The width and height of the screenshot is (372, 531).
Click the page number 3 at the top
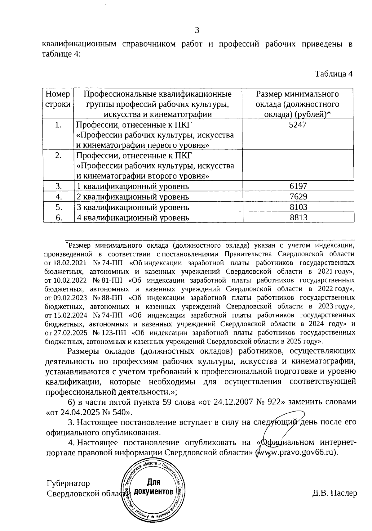[197, 30]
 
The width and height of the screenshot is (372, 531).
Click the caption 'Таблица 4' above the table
[334, 74]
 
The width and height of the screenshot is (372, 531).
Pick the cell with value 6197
[299, 186]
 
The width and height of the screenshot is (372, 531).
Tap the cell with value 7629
[299, 197]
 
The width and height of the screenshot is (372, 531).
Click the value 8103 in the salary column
[299, 207]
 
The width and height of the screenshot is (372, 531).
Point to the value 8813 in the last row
[299, 218]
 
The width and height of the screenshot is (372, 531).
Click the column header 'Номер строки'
[58, 99]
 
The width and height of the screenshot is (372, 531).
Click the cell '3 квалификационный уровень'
[133, 207]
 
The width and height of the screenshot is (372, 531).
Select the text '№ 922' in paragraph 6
[272, 402]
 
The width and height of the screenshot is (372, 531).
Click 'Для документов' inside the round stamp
[153, 487]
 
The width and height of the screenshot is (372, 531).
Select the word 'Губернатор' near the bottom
[68, 484]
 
